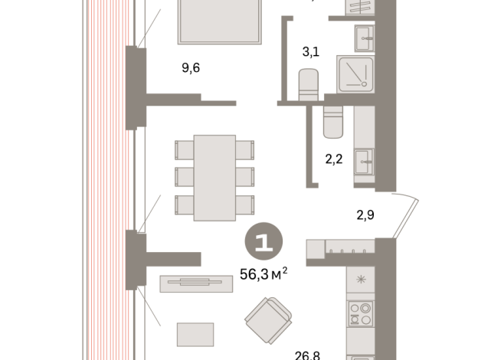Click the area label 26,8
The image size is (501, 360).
coord(308,355)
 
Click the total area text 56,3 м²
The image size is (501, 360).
coord(264,273)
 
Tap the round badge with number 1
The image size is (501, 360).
coord(264,243)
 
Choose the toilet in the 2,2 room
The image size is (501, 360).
coord(334,121)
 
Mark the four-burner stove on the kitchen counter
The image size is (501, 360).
coord(359,314)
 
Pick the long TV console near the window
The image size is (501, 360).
coord(195,283)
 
